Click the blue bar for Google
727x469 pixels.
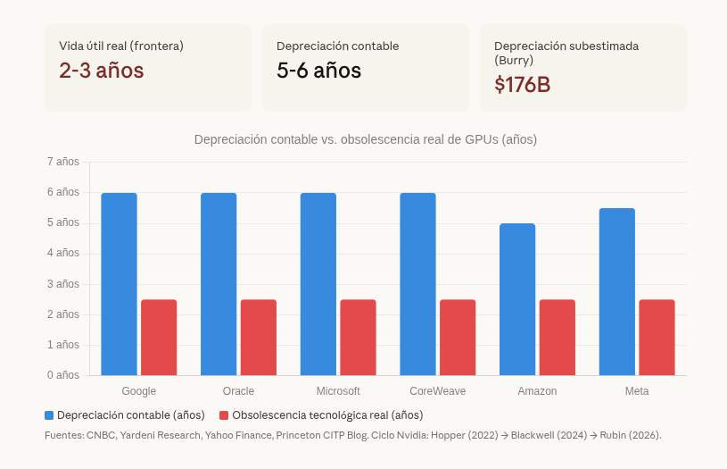tap(119, 284)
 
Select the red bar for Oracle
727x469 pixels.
tap(259, 338)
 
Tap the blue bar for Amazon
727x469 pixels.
tap(517, 299)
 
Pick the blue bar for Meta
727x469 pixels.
tap(617, 291)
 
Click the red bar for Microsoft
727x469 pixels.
tap(358, 338)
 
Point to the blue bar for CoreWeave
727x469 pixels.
tap(417, 284)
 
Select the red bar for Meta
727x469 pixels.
tap(657, 338)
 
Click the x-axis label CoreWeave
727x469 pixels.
tap(437, 391)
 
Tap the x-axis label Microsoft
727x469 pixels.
tap(338, 391)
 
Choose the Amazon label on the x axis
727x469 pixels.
tap(537, 391)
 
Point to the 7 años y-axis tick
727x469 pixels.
tap(62, 162)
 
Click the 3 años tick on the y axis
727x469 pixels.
tap(62, 284)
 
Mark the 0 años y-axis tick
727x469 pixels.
tap(62, 375)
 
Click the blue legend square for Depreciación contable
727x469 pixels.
tap(49, 415)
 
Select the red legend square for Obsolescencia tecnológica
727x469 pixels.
tap(224, 415)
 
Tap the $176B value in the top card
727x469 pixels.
tap(522, 85)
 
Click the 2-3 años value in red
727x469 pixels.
tap(101, 71)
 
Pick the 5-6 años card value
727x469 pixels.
tap(318, 71)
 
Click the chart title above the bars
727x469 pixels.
tap(366, 139)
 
